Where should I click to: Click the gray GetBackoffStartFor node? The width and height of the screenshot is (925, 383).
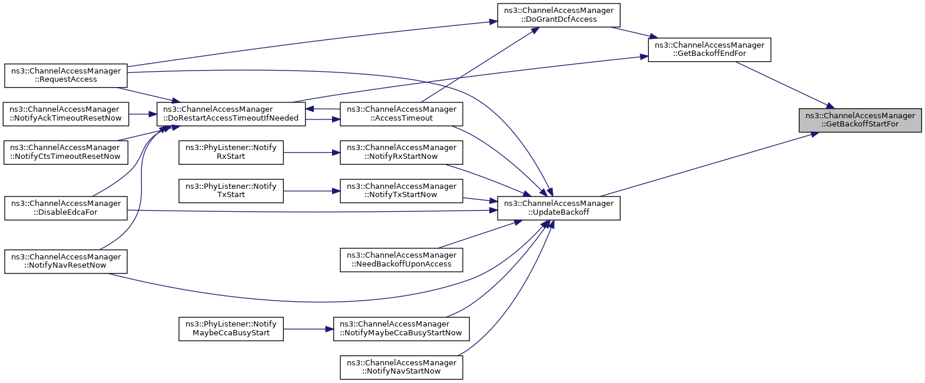(860, 121)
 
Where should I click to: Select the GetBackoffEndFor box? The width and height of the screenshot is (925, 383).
(710, 50)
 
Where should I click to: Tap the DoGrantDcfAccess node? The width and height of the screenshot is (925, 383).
(559, 15)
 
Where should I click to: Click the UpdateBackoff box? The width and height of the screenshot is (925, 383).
(559, 208)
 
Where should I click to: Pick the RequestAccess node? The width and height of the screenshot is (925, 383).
(66, 75)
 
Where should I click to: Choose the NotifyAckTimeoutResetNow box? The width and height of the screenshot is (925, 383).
(66, 114)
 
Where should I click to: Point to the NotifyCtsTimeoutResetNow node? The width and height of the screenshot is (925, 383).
(66, 153)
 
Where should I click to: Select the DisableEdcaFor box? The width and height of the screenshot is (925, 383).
(66, 208)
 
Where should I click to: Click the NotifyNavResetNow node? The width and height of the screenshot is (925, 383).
(66, 261)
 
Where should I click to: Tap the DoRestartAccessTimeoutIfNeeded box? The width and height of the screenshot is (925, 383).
(231, 114)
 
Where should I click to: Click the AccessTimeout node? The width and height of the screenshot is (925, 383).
(402, 114)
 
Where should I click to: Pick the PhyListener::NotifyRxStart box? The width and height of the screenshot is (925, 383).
(231, 153)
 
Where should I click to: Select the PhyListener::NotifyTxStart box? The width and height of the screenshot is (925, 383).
(231, 191)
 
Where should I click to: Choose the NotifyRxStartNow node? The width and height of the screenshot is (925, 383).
(402, 153)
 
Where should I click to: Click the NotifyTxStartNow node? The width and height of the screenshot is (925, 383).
(402, 191)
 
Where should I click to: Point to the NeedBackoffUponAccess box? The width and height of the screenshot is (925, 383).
(402, 260)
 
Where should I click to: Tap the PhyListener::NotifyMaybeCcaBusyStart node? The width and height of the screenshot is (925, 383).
(231, 329)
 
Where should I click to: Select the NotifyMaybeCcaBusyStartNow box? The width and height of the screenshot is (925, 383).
(402, 329)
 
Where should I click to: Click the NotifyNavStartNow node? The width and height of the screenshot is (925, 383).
(402, 367)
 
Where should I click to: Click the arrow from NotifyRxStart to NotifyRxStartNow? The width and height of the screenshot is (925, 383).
(312, 153)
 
